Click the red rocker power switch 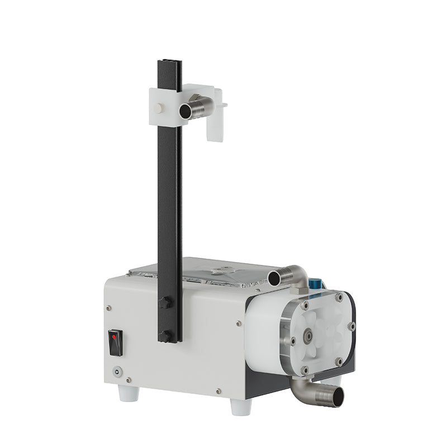(x=115, y=341)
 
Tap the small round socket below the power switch (x=116, y=370)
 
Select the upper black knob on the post (x=164, y=303)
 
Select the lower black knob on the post (x=164, y=336)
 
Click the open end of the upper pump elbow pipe (x=274, y=278)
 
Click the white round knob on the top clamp (x=160, y=108)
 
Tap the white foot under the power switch (x=128, y=392)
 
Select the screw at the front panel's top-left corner (x=108, y=306)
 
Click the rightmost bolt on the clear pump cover (x=351, y=326)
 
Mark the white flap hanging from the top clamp (x=215, y=128)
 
